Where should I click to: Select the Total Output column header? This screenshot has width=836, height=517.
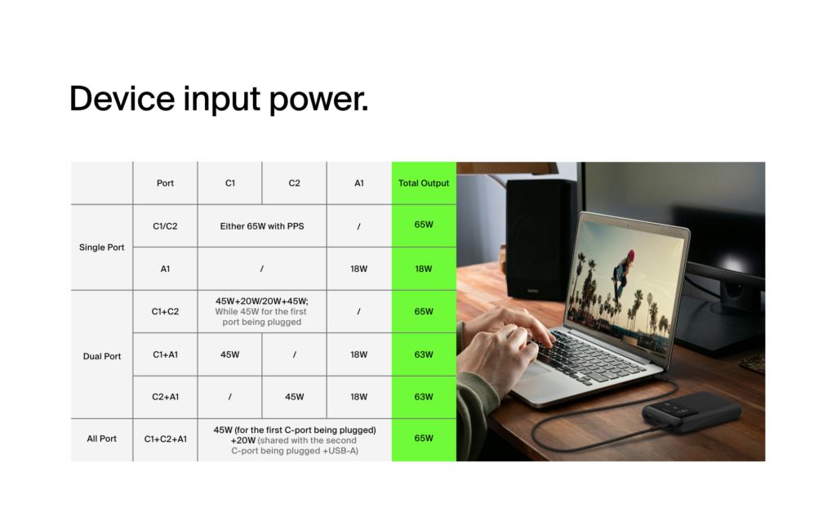(x=424, y=183)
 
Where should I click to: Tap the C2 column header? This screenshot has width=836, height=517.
(x=295, y=183)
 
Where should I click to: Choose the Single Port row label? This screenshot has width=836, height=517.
(x=102, y=247)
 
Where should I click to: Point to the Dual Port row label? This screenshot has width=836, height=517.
(x=102, y=356)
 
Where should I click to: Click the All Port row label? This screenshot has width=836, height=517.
(x=102, y=439)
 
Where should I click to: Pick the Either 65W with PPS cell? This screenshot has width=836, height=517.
(x=262, y=225)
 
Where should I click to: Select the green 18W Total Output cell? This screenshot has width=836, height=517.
(x=424, y=269)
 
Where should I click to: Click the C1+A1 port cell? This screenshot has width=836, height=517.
(x=166, y=354)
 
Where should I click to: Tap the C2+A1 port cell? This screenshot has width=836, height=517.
(x=166, y=397)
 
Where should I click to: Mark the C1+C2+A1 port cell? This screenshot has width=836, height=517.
(x=166, y=439)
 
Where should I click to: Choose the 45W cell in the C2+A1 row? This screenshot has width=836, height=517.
(x=295, y=397)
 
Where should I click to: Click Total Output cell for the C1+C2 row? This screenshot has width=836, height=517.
(x=424, y=311)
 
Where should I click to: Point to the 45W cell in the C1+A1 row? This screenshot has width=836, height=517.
(x=230, y=354)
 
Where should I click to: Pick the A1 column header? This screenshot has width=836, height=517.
(x=359, y=183)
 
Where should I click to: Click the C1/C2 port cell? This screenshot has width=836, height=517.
(x=166, y=225)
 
